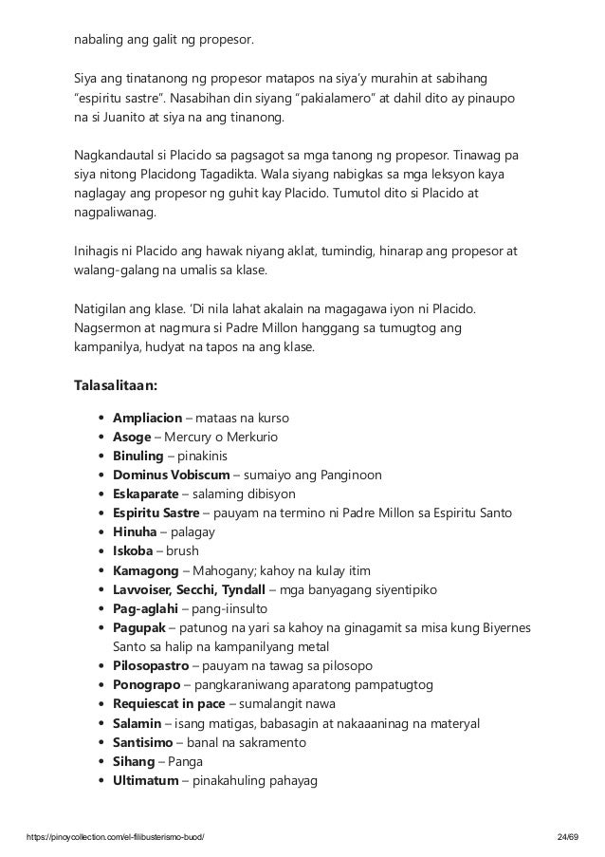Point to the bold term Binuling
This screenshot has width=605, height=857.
coord(138,456)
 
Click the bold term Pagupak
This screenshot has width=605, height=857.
coord(139,628)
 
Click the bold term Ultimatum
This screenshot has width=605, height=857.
coord(147,781)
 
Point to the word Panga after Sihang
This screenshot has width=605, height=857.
coord(187,762)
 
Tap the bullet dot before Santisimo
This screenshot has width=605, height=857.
coord(101,743)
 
